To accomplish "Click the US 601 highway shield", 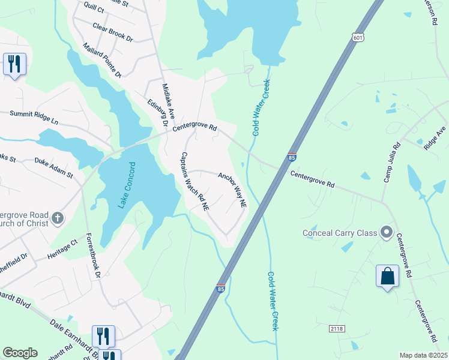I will (358, 38).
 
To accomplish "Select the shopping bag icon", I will (387, 276).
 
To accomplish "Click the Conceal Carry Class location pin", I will (387, 232).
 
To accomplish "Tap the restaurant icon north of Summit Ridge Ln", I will (14, 64).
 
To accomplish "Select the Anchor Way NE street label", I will (232, 190).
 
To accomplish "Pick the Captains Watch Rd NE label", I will (194, 181).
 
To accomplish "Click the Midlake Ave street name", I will (168, 100).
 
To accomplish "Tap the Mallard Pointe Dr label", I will (103, 60).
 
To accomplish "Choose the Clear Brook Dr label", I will (113, 31).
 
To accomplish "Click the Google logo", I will (20, 353).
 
